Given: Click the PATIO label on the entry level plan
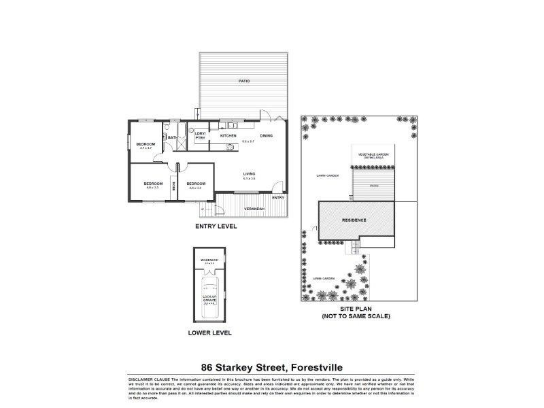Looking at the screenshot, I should tap(243, 81).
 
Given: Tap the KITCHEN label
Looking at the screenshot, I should tap(227, 135).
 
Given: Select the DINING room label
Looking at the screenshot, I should tap(266, 135).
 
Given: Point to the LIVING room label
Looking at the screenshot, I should tap(250, 174).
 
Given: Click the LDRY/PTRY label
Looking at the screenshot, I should tap(201, 135).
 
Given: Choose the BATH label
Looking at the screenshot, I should tap(173, 138).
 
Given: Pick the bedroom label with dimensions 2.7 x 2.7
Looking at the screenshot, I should tap(146, 144).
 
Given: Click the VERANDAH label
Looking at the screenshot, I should tap(253, 207).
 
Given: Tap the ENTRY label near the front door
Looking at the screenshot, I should tap(277, 197).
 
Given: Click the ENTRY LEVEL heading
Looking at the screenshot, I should tap(216, 226).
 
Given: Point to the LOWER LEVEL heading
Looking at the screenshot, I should tap(211, 333).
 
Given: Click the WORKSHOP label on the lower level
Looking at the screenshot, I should tap(209, 260).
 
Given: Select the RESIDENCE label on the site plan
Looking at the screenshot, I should tap(354, 220).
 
